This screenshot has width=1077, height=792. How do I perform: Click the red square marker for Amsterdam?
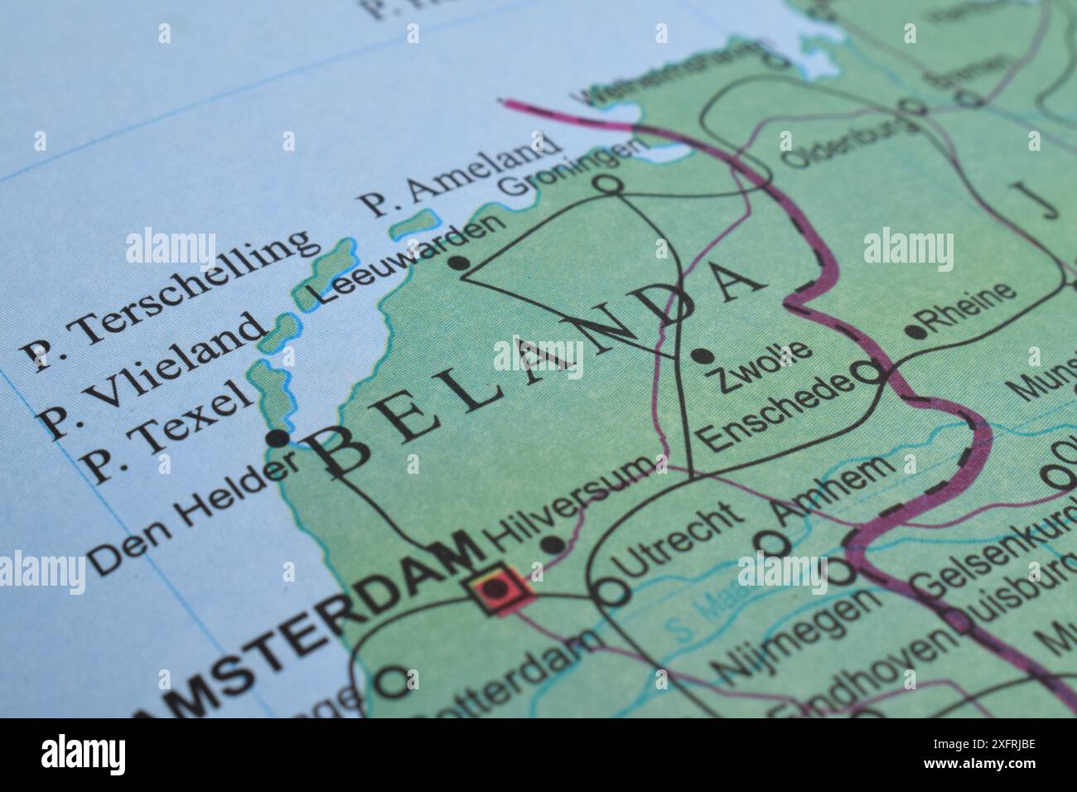(x=498, y=588)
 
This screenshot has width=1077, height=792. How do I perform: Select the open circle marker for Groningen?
(x=609, y=185)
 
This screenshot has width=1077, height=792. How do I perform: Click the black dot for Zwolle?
(x=703, y=356)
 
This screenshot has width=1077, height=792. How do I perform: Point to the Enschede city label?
(x=775, y=410)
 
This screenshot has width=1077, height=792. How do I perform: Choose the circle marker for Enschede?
(x=868, y=373)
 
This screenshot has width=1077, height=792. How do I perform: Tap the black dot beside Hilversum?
(x=551, y=544)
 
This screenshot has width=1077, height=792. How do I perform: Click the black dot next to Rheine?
(x=915, y=331)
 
